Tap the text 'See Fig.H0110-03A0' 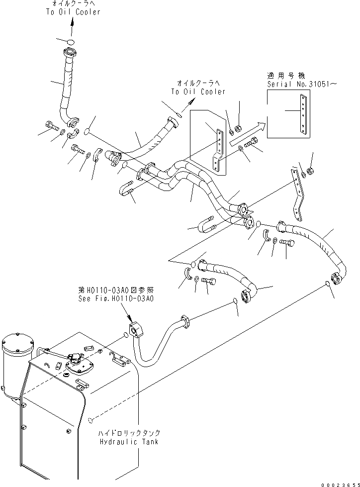pos(115,299)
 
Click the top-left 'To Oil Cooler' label pos(73,12)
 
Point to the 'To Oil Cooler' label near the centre pos(198,92)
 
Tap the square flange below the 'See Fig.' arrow pos(135,330)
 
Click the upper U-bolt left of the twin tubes pos(127,191)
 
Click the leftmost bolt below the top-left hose pos(51,125)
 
